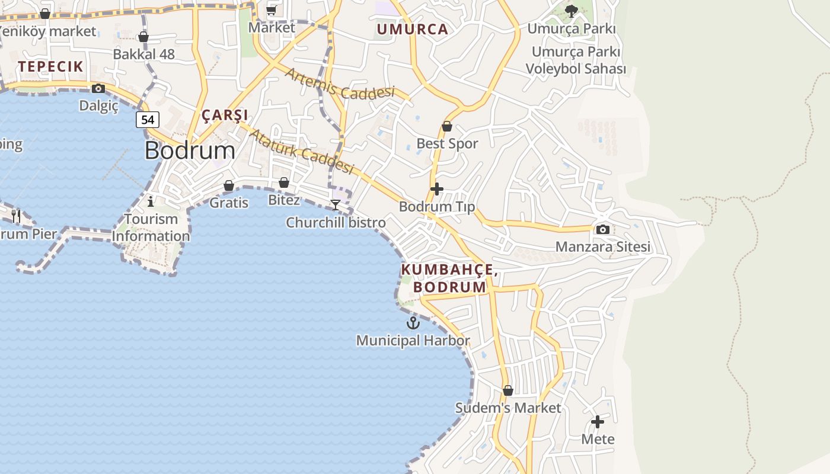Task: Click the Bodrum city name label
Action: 190,150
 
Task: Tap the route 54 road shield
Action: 148,120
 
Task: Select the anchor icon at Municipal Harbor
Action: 413,323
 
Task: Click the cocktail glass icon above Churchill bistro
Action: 336,205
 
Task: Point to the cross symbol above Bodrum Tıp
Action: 437,189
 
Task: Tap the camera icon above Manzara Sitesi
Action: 602,229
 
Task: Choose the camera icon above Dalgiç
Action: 98,89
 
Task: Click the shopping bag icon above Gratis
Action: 229,185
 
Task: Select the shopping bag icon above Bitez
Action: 284,182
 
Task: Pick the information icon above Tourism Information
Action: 151,201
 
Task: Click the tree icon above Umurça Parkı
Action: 572,11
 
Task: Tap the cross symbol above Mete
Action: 598,422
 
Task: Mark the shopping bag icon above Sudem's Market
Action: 508,390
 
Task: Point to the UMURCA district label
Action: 413,30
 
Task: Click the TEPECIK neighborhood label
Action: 50,66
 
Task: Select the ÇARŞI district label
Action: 225,115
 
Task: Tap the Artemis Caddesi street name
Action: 340,84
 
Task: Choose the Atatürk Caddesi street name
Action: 301,152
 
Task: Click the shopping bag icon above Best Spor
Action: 447,126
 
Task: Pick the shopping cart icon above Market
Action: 272,10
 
